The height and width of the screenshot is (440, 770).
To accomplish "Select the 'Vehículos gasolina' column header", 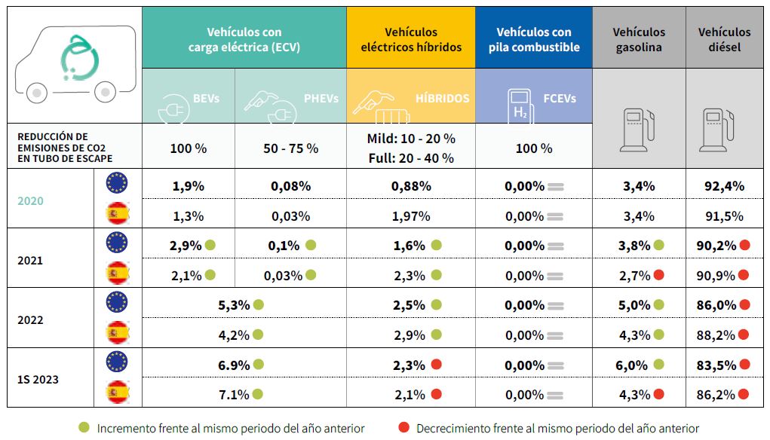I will [639, 40].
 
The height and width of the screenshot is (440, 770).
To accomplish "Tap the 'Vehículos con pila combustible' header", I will [533, 40].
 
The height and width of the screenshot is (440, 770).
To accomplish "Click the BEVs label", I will [206, 98].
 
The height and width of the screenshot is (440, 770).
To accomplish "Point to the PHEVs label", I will [321, 98].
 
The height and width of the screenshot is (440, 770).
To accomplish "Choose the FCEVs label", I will [560, 98].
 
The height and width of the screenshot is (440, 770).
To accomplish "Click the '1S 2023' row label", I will [38, 378].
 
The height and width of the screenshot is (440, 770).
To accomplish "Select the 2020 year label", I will [31, 201].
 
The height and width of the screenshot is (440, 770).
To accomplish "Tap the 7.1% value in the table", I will [233, 394].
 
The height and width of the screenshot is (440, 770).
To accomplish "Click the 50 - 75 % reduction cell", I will [290, 148].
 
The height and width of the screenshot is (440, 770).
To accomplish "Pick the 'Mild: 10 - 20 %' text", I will [411, 139].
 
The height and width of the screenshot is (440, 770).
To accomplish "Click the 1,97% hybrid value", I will [411, 216].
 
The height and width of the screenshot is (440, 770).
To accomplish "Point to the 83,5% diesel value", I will [716, 365].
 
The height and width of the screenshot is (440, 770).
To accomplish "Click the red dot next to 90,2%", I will [745, 245].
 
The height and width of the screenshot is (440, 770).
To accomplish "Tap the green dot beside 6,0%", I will [658, 365].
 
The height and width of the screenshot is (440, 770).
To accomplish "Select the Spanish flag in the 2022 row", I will [117, 333].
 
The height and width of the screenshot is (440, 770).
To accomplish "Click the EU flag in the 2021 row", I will [117, 243].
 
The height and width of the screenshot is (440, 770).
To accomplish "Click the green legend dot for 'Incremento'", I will [84, 427].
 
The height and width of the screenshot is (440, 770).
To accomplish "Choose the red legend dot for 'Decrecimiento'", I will [403, 427].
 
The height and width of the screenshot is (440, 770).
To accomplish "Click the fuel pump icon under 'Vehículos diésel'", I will [713, 129].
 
